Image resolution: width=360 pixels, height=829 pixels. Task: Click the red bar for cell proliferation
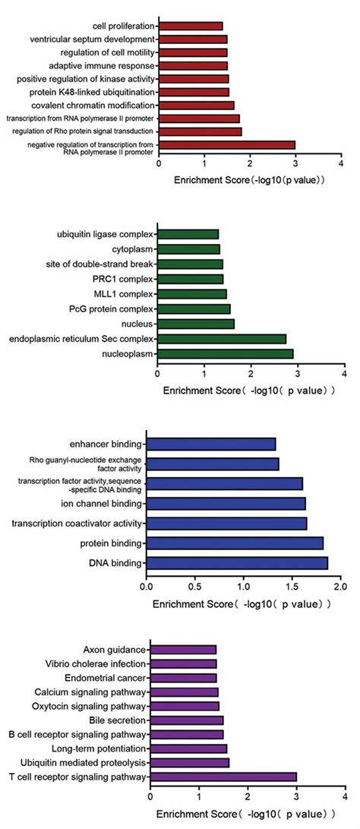click(x=191, y=26)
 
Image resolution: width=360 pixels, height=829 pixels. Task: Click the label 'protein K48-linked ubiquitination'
click(x=102, y=92)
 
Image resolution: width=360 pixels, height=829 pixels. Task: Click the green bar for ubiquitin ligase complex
click(x=188, y=234)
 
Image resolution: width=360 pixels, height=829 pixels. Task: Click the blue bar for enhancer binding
click(x=210, y=444)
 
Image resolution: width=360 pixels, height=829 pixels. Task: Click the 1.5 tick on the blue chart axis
click(x=292, y=587)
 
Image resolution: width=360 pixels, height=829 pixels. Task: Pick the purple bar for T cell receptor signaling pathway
click(x=223, y=777)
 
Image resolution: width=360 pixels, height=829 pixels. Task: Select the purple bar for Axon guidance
click(x=183, y=649)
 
